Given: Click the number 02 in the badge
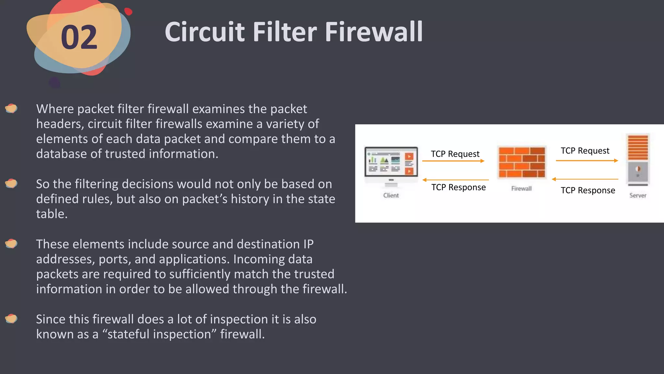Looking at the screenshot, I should click(79, 38).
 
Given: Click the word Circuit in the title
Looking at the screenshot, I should click(205, 32).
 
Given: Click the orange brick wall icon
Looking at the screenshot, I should click(522, 162).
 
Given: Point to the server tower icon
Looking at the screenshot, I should click(638, 159).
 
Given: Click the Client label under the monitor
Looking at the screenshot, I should click(391, 195).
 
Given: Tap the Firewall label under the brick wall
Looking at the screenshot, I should click(521, 189).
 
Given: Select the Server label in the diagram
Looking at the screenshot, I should click(638, 195).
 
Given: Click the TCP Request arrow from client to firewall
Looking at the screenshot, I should click(453, 161).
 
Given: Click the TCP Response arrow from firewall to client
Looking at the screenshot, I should click(456, 180).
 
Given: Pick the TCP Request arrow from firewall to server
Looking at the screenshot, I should click(587, 160).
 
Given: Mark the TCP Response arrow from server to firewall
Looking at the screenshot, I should click(585, 179).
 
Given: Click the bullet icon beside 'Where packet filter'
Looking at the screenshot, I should click(11, 108).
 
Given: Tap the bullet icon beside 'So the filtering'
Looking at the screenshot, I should click(11, 183).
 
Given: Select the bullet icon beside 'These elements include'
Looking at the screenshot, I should click(11, 243).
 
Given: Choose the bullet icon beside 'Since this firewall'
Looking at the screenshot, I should click(11, 319).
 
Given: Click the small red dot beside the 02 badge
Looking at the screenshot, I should click(128, 11).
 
